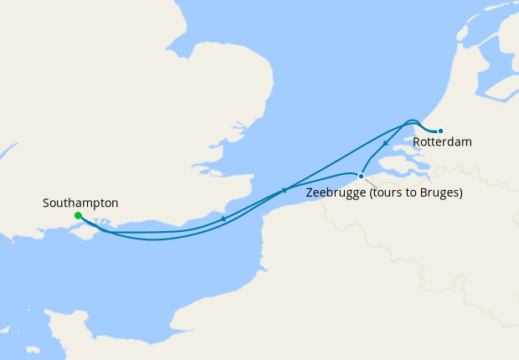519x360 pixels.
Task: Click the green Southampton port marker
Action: click(78, 215)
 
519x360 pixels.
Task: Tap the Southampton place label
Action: click(80, 203)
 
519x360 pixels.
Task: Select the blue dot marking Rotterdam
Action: click(440, 130)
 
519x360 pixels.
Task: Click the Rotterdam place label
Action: click(442, 142)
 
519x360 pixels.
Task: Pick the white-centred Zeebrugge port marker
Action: click(361, 176)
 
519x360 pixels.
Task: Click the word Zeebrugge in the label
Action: click(337, 193)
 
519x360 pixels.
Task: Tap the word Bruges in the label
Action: click(440, 193)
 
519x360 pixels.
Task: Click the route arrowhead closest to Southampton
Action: click(224, 219)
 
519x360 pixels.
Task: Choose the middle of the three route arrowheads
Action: click(285, 190)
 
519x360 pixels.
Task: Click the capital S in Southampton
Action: click(46, 203)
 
